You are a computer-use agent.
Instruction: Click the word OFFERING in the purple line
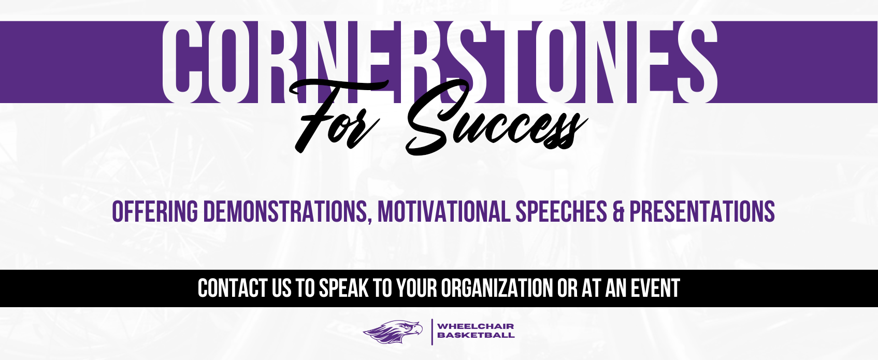(155, 211)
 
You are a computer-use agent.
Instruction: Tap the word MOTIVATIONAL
(444, 211)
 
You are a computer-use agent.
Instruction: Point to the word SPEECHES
(562, 211)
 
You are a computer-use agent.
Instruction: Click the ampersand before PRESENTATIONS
(618, 211)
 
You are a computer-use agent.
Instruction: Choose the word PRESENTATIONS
(702, 211)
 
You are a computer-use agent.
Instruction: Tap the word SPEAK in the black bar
(344, 288)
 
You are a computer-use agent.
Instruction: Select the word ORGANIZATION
(497, 288)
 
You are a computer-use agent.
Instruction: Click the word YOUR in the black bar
(416, 288)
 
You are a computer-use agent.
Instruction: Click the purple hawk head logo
(393, 332)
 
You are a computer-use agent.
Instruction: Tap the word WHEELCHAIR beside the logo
(476, 326)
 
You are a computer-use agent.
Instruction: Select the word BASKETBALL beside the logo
(476, 335)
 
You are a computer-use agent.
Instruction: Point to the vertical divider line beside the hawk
(432, 332)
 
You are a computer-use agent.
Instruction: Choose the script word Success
(496, 118)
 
